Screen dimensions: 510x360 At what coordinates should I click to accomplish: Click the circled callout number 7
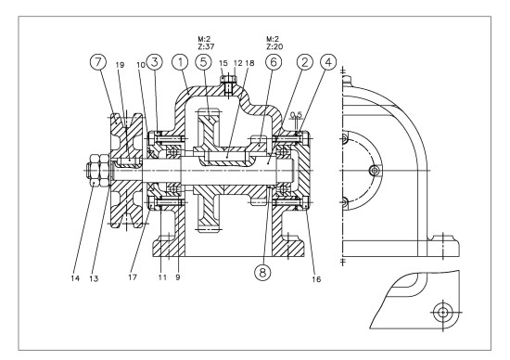tap(98, 62)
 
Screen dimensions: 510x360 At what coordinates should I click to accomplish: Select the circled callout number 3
tap(155, 62)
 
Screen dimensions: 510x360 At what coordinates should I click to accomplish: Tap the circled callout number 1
tap(180, 62)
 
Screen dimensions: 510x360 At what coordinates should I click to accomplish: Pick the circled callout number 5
tap(204, 62)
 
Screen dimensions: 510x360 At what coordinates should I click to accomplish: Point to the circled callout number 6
tap(274, 62)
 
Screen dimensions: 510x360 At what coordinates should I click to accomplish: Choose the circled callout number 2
tap(304, 62)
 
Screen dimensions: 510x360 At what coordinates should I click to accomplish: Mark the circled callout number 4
tap(328, 62)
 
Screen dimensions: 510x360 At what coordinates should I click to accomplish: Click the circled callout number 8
tap(262, 272)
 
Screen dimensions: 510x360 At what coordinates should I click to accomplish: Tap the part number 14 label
tap(75, 278)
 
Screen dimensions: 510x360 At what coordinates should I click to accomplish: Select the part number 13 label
tap(94, 278)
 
